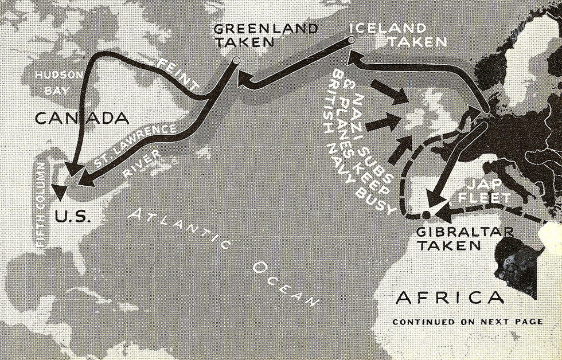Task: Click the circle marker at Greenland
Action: [x=236, y=60]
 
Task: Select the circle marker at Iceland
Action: [x=352, y=40]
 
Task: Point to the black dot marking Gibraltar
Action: [x=426, y=215]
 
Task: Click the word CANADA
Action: [x=80, y=119]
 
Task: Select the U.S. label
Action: [x=73, y=217]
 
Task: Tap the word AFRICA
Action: [x=450, y=298]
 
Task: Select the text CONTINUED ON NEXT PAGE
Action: [x=467, y=322]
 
